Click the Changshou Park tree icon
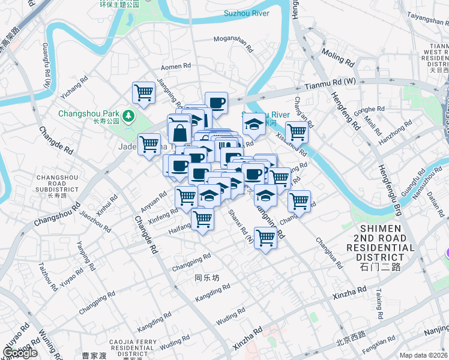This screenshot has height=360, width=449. (x=128, y=115)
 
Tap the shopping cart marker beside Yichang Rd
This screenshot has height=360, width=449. (x=144, y=93)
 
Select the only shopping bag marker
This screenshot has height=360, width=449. (x=179, y=130)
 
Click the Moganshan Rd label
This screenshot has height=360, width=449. (x=238, y=40)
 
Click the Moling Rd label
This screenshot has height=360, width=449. (x=338, y=57)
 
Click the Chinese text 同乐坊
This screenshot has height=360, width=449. (x=208, y=278)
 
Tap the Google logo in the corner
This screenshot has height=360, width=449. (x=20, y=353)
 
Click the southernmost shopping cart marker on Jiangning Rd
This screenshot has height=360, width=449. (x=265, y=237)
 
